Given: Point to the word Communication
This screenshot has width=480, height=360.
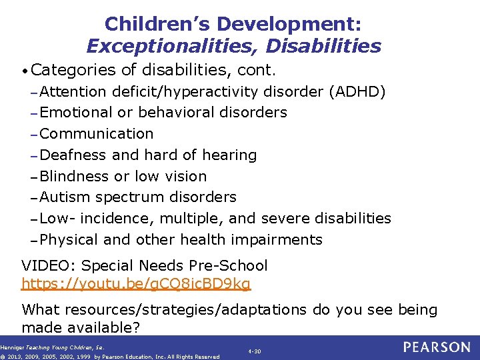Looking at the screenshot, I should click(97, 134).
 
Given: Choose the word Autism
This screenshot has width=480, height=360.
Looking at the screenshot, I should click(65, 197).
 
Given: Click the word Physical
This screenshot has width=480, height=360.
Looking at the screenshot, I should click(69, 240).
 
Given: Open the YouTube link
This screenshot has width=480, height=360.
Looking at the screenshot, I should click(136, 284).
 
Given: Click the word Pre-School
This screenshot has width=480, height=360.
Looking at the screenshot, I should click(231, 266).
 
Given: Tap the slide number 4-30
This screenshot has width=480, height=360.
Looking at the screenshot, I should click(255, 351).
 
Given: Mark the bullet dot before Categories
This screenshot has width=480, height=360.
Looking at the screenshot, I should click(25, 71).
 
